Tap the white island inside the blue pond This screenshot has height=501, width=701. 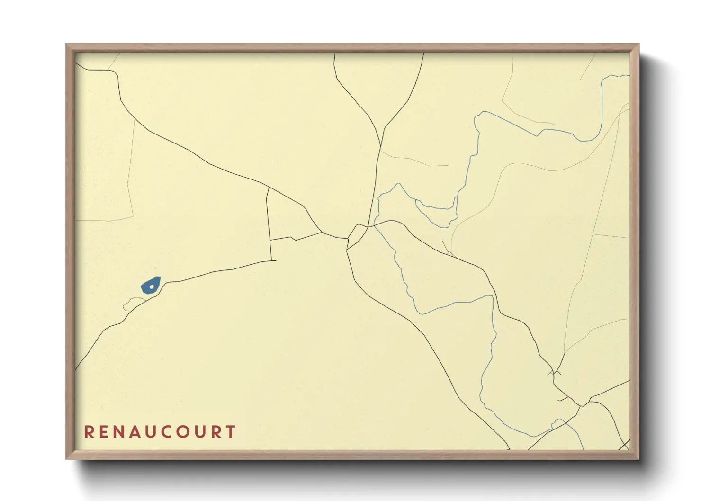(152, 286)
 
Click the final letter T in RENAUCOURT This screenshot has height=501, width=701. (231, 432)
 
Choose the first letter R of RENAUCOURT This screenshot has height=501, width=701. (89, 432)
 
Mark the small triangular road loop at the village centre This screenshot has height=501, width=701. (357, 233)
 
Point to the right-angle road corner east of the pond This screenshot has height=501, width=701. (272, 260)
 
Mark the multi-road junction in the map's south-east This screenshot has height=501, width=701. (582, 405)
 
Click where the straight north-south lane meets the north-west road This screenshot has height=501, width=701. (268, 188)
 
